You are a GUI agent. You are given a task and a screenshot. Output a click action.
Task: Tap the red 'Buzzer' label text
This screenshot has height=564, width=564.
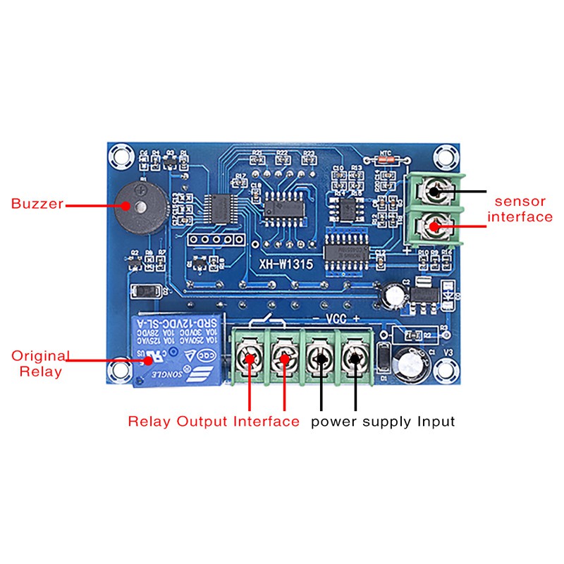37,204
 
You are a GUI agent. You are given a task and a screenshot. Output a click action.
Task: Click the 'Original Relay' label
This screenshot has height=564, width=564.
35,363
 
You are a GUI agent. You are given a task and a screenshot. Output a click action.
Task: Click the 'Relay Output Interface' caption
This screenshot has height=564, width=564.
214,422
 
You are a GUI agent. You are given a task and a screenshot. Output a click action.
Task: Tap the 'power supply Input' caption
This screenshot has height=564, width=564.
383,422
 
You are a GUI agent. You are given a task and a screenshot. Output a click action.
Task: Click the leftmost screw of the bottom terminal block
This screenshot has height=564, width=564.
251,357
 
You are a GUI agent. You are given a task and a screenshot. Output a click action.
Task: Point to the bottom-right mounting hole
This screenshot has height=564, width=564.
445,367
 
